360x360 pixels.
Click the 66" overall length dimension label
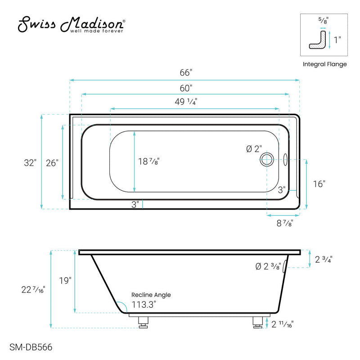click(185, 72)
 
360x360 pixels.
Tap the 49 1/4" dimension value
click(185, 102)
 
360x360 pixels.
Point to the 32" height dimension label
click(30, 163)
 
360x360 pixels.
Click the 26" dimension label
click(52, 163)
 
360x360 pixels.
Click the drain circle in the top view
click(267, 159)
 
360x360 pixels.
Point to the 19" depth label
click(65, 281)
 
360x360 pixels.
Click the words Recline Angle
click(151, 295)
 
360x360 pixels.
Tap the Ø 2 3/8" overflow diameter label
click(268, 266)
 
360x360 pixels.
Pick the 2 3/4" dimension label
click(324, 259)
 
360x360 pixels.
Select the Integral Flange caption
click(324, 64)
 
